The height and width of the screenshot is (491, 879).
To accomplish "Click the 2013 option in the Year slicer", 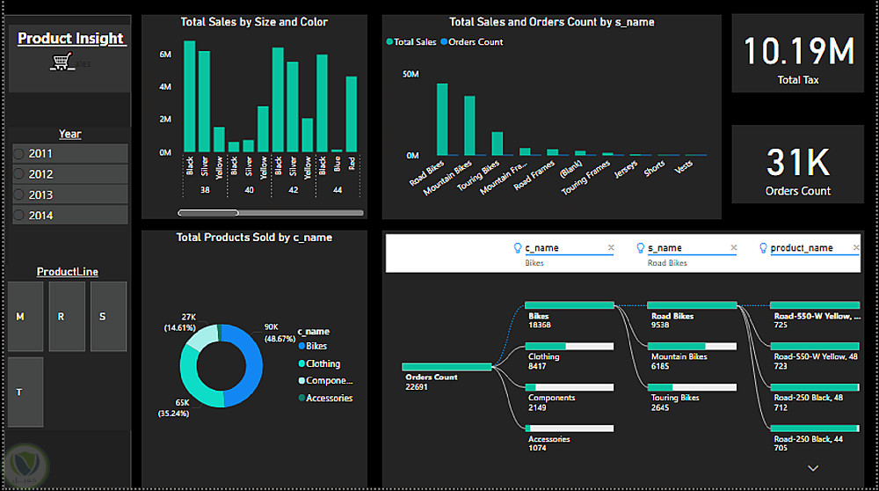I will [40, 194].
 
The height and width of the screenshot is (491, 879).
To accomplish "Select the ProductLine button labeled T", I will [25, 392].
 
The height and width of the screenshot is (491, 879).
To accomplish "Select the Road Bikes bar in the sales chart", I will [442, 119].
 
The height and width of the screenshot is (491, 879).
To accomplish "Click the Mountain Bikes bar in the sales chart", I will [469, 125].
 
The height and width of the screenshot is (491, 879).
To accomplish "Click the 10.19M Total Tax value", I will [798, 52].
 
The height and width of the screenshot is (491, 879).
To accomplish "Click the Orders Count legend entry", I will [476, 42].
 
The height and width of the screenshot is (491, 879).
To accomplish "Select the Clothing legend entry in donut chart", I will [323, 363].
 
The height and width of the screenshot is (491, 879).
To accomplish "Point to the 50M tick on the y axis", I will [410, 75].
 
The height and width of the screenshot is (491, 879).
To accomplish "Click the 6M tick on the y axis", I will [165, 55].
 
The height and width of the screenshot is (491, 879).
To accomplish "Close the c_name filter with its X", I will [611, 248].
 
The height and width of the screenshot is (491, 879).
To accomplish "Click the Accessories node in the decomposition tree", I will [548, 439].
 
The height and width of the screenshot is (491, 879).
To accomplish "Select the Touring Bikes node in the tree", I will [675, 397].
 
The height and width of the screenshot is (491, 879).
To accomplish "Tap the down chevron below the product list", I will [812, 467].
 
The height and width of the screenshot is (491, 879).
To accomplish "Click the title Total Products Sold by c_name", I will [254, 237].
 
